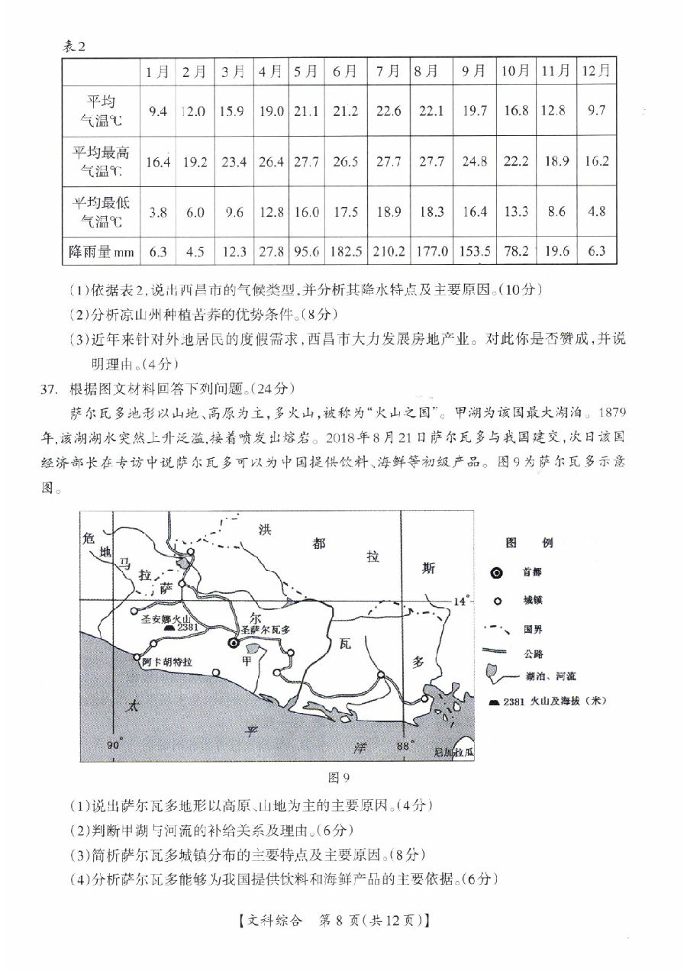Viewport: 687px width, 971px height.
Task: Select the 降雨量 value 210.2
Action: [389, 251]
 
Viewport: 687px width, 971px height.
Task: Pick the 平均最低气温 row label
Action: [101, 211]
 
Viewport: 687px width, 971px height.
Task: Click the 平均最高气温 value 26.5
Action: [345, 161]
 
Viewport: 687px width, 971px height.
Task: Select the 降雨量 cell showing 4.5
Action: [195, 251]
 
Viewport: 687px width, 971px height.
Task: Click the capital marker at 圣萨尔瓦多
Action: [233, 644]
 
